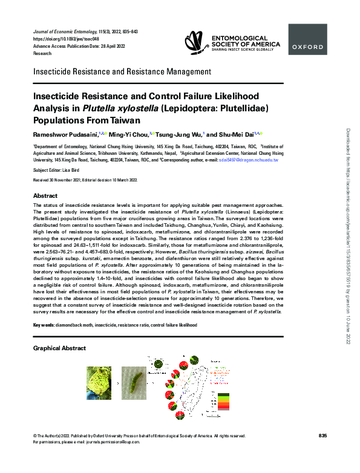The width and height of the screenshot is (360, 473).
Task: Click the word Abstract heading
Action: point(45,196)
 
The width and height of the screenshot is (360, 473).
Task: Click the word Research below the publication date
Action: point(41,54)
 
